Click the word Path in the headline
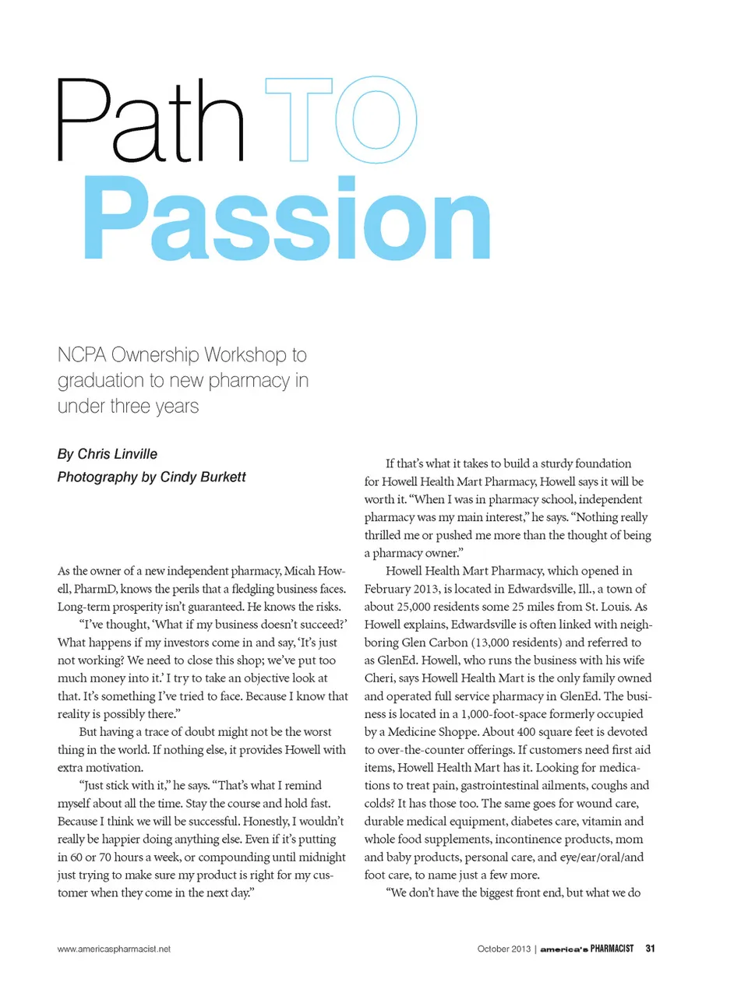point(150,121)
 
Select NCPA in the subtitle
point(82,355)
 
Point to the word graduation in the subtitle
point(101,381)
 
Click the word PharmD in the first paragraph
point(95,589)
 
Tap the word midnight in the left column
point(316,857)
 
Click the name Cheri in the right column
point(379,678)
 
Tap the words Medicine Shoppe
point(433,732)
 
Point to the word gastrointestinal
point(515,786)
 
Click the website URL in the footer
point(114,949)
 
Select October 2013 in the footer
point(503,949)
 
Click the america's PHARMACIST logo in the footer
point(587,949)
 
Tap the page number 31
point(650,949)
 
